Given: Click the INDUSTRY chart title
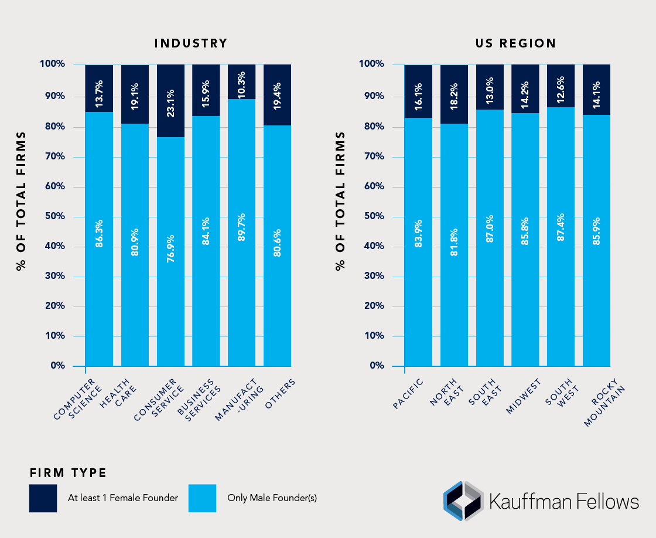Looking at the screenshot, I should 190,43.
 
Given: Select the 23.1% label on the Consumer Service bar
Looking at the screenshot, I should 170,103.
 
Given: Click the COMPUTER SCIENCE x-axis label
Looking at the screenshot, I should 78,399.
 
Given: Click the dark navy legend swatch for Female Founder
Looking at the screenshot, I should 43,498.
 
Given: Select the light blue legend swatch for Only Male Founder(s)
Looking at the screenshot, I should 202,498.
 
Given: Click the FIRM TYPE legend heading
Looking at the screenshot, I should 68,472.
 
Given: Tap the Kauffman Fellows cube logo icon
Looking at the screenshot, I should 463,501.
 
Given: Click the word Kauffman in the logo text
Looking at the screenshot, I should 531,502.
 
